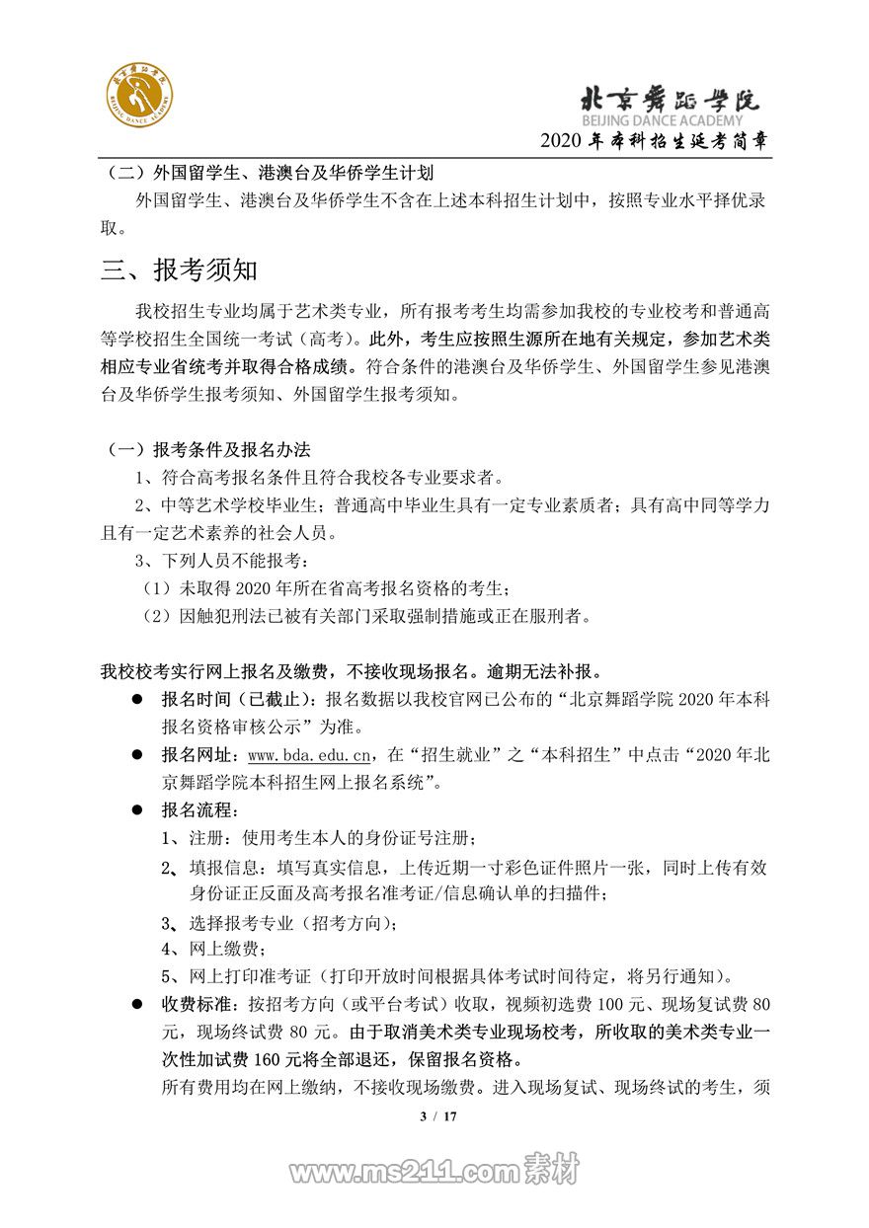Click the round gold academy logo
(x=139, y=99)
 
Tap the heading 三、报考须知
(x=179, y=269)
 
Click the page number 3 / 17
(x=434, y=1116)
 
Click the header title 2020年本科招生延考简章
(x=654, y=141)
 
